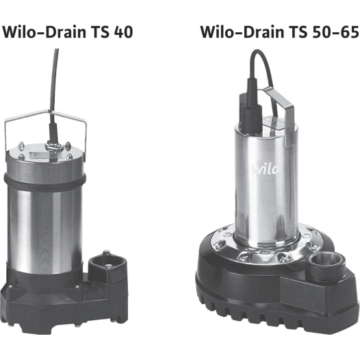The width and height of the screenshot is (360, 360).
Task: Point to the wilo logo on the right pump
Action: (x=266, y=169)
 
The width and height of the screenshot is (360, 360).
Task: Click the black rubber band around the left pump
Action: (x=45, y=181)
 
